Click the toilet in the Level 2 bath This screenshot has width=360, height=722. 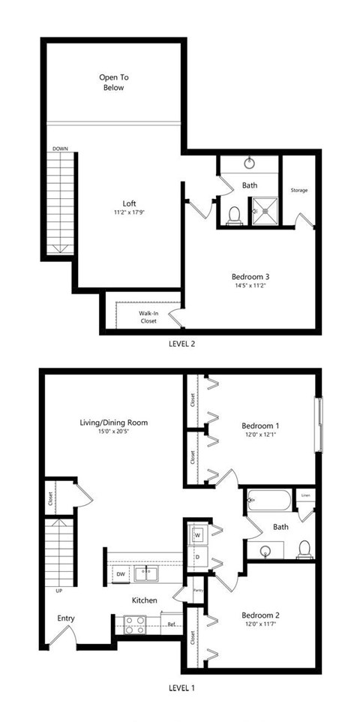click(233, 215)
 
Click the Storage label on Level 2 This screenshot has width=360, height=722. click(299, 190)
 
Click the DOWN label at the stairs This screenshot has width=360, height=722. click(61, 149)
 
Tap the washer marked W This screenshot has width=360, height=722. click(197, 535)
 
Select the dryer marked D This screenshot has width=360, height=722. click(197, 558)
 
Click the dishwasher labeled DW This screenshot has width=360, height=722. click(120, 574)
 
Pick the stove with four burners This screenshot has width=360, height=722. click(135, 625)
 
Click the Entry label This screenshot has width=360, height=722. click(67, 618)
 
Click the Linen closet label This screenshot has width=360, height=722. click(305, 496)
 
